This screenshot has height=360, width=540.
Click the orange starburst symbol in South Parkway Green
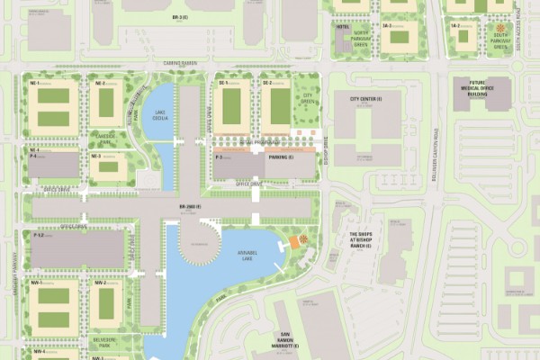(x=498, y=29)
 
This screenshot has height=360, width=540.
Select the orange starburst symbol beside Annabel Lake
(x=303, y=239)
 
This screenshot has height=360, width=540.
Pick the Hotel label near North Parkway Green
(x=342, y=28)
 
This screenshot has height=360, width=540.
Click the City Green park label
(x=307, y=96)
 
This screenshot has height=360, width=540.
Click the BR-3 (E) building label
(x=179, y=17)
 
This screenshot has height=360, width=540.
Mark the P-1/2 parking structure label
(x=39, y=235)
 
